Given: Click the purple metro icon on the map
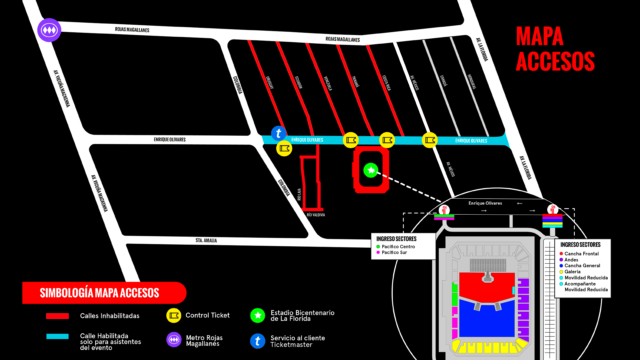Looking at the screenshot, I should [49, 30].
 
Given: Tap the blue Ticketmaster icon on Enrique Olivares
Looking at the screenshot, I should [279, 133].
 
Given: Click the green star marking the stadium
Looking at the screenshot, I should [371, 170].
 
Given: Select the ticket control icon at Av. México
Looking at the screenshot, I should [430, 140].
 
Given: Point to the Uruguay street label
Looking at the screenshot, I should [270, 82].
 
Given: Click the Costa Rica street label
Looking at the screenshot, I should [386, 83].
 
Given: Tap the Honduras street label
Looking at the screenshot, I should [472, 82].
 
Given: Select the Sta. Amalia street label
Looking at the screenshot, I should [206, 240].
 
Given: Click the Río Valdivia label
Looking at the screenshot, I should [316, 215].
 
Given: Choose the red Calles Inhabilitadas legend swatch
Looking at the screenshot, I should [57, 316].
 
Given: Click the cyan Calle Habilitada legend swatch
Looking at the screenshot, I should [57, 336].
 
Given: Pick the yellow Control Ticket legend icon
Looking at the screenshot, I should [174, 315].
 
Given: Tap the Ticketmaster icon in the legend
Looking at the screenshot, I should [258, 341].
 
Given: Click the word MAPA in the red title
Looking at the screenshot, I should [539, 36].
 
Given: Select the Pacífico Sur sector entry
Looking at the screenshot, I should [394, 253].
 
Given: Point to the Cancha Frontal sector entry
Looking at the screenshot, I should [581, 254].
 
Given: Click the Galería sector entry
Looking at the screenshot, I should [572, 272].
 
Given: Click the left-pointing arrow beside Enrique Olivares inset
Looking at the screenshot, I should [520, 203].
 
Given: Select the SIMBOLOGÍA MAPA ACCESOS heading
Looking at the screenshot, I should [99, 293].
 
